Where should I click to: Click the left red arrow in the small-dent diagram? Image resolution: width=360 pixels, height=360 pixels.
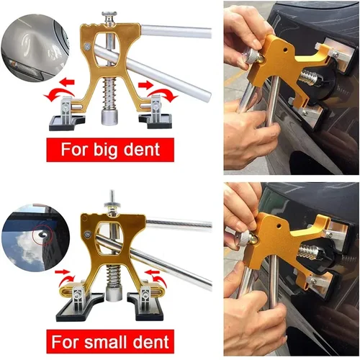[x=67, y=274]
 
